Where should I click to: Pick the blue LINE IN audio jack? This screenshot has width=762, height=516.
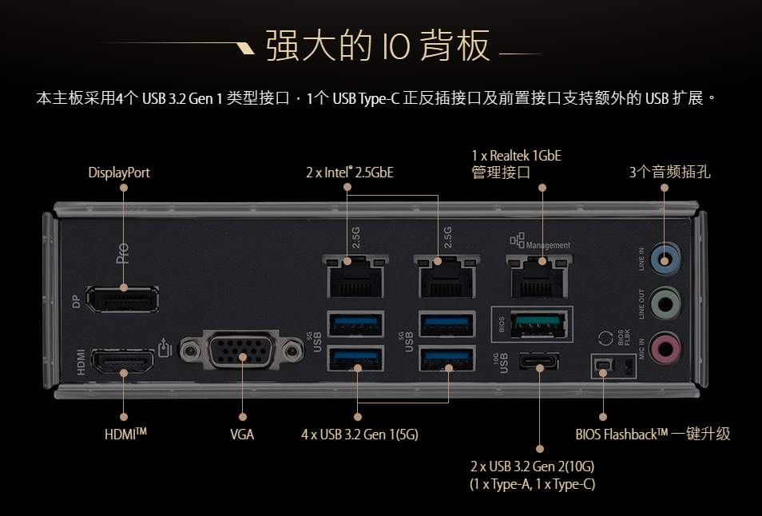[665, 258]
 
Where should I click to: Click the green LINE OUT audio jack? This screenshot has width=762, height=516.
[665, 304]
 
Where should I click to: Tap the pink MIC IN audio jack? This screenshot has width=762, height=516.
[665, 348]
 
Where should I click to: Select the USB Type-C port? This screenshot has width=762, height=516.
[539, 364]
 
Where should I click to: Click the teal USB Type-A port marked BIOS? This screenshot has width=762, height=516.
[531, 323]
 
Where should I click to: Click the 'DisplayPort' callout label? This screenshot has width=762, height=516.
[119, 172]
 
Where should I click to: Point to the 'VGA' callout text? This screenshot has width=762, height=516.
[242, 435]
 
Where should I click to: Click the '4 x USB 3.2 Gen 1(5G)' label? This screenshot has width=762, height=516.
[359, 435]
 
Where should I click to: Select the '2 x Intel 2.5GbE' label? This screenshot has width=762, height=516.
[350, 172]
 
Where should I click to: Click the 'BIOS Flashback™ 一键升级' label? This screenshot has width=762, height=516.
[653, 435]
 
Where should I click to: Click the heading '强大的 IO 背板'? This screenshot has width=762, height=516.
[377, 46]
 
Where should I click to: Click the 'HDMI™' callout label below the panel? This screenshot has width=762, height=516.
[125, 435]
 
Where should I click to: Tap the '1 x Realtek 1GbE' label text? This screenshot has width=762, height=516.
[516, 155]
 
